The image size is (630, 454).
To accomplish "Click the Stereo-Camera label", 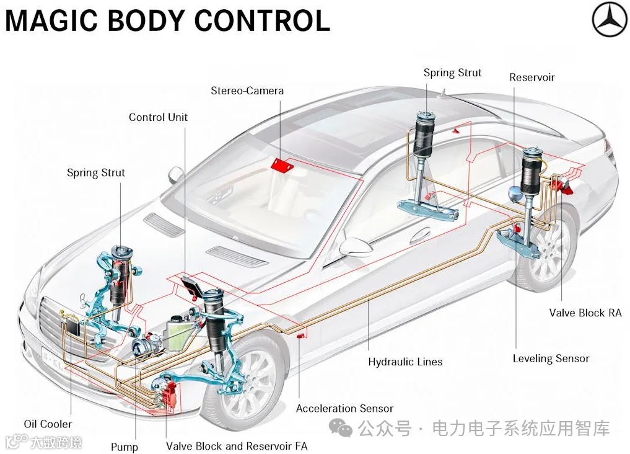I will tap(247, 91).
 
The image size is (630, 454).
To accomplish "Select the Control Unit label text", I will tap(158, 117).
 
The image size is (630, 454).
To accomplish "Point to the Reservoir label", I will tap(532, 78).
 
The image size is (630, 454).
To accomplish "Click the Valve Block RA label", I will tap(585, 313).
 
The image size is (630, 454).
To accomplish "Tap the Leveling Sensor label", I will tap(551, 358).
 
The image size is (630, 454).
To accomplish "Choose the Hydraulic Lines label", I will tap(405, 362).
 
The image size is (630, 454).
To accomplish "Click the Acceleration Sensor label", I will tap(344, 408).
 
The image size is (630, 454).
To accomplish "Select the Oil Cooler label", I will tap(48, 424).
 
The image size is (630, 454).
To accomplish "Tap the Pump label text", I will tap(124, 447).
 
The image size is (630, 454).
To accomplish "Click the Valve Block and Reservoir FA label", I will tap(236, 446).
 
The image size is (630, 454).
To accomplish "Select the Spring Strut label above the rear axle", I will tap(452, 73).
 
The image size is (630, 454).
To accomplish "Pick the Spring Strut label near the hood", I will tap(96, 172).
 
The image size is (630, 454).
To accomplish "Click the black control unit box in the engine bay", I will tap(191, 286).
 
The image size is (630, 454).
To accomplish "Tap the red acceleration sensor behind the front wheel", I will tap(300, 336).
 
